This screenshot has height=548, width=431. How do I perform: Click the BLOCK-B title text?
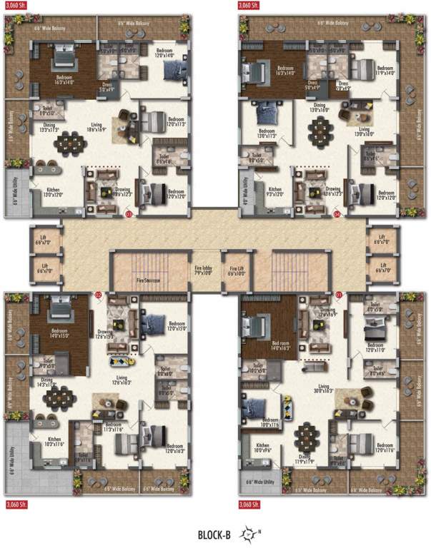click(217, 532)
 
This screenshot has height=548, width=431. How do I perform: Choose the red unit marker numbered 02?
click(99, 294)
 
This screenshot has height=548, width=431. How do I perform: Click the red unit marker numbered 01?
click(338, 294)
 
